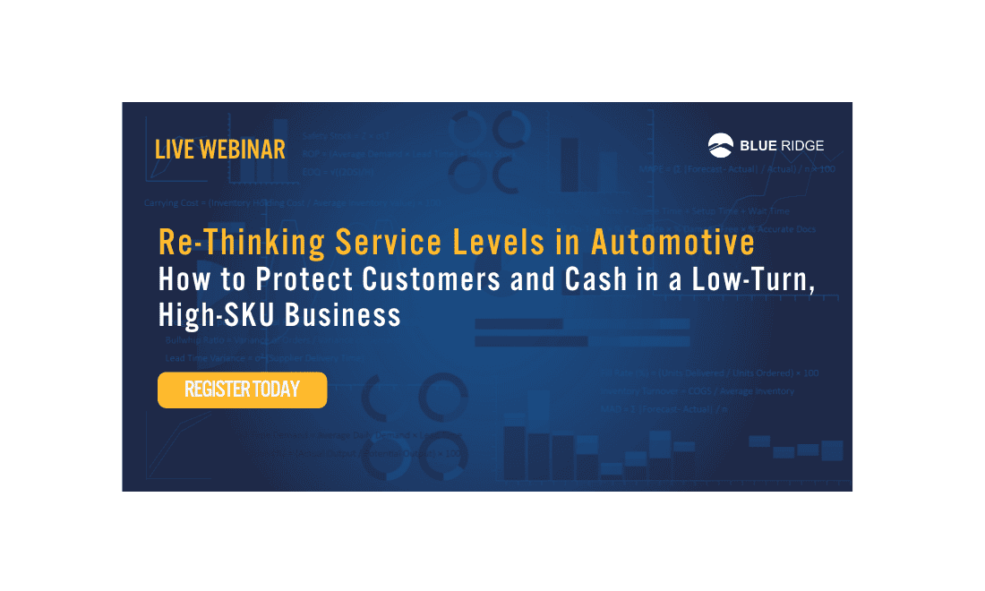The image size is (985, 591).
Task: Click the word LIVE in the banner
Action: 175,150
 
